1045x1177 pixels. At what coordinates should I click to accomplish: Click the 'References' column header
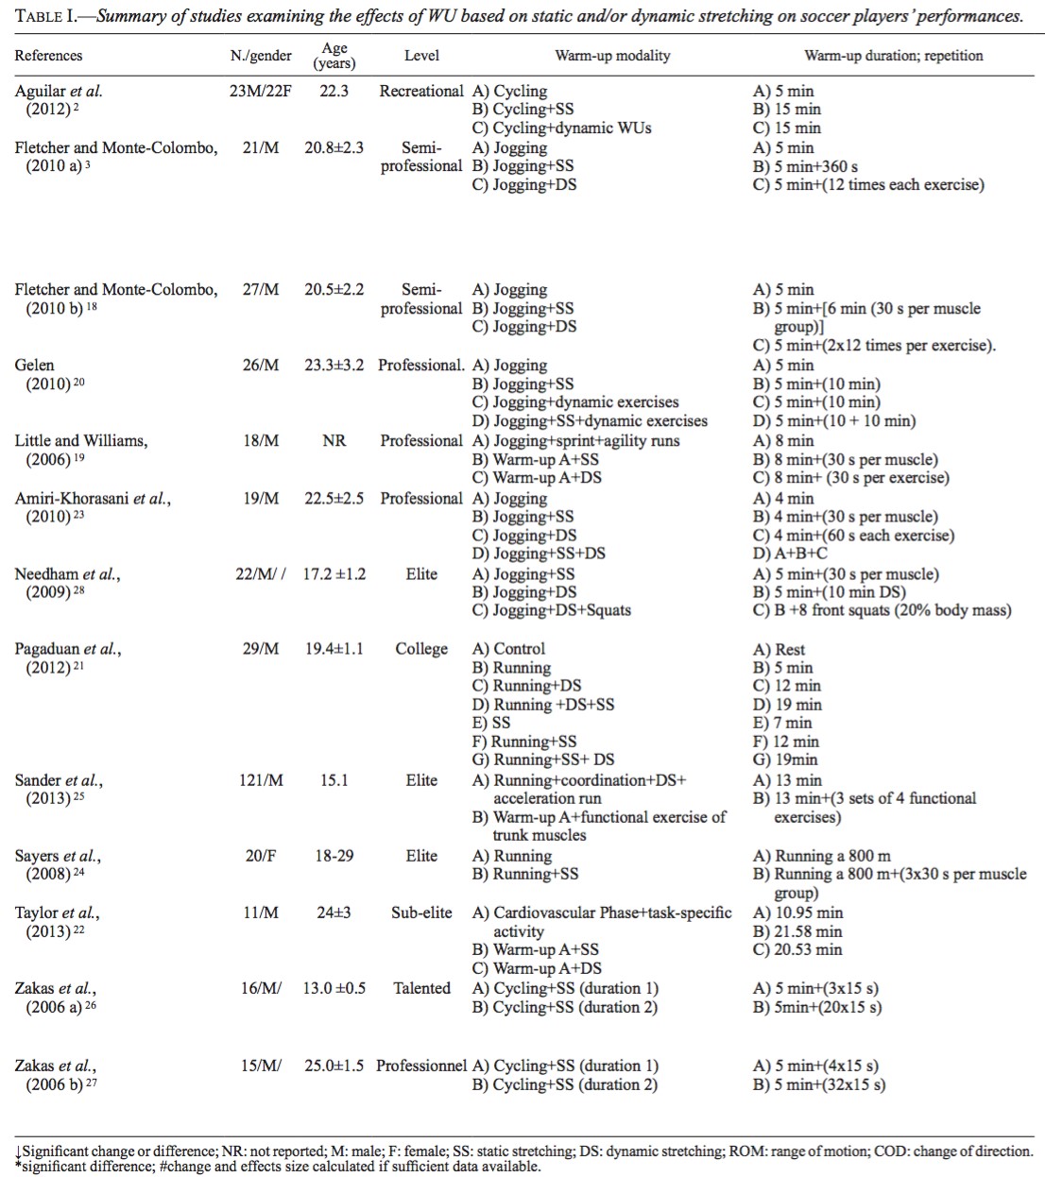tap(48, 56)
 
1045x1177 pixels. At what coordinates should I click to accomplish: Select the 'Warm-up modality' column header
tap(612, 56)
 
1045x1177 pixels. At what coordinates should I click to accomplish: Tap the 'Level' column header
tap(421, 56)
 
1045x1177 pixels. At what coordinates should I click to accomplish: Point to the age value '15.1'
tap(334, 780)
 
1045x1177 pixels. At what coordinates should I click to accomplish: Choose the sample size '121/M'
tap(261, 780)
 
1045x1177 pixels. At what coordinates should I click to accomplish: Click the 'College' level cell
tap(421, 649)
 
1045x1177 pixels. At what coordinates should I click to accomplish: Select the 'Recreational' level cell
tap(421, 92)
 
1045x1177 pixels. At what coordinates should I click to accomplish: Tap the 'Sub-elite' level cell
tap(421, 913)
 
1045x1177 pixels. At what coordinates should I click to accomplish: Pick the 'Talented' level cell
tap(421, 988)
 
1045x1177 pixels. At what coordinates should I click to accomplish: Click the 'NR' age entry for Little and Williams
tap(334, 441)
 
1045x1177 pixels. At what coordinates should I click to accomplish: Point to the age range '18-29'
tap(334, 856)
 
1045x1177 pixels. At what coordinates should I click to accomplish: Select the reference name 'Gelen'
tap(35, 366)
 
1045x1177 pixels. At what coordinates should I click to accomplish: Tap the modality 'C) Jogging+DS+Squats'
tap(551, 610)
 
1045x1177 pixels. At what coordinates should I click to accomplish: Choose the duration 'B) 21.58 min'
tap(797, 931)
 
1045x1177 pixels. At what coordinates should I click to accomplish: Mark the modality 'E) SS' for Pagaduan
tap(491, 723)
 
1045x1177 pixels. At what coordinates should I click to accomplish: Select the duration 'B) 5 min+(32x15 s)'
tap(819, 1084)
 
